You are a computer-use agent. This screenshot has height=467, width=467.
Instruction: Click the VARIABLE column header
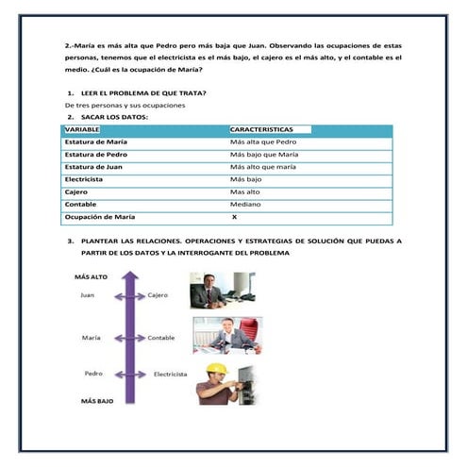click(x=82, y=129)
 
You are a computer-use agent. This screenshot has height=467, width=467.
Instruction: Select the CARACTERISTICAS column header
click(x=261, y=129)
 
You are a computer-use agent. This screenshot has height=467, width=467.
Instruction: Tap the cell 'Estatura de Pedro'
click(x=96, y=155)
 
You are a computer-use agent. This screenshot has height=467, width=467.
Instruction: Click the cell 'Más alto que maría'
click(x=263, y=167)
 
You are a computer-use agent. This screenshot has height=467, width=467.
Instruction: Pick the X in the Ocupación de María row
click(x=234, y=217)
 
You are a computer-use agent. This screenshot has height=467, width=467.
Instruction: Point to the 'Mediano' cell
click(x=245, y=205)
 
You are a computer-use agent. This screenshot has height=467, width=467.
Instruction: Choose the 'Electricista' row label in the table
click(x=84, y=179)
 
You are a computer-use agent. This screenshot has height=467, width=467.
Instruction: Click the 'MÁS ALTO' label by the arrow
click(x=91, y=277)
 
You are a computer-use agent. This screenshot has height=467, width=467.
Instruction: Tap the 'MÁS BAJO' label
click(x=97, y=401)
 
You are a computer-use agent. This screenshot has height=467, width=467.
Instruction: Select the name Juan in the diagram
click(x=87, y=295)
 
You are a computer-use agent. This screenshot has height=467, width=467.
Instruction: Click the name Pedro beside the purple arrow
click(x=93, y=374)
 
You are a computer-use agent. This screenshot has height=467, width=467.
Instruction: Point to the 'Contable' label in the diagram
click(x=161, y=338)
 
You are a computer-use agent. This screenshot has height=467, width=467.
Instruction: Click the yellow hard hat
click(x=217, y=369)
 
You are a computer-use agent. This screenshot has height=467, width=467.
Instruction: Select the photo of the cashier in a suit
click(x=223, y=291)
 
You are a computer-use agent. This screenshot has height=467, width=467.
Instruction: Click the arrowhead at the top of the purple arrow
click(x=130, y=275)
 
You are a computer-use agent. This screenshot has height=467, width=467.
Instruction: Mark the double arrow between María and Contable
click(x=130, y=339)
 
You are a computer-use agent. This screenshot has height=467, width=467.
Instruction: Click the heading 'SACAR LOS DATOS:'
click(x=114, y=117)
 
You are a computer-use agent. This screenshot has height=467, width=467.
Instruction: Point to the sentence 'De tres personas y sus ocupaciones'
click(x=125, y=106)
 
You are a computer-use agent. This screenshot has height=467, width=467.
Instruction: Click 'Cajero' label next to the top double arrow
click(x=158, y=295)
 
